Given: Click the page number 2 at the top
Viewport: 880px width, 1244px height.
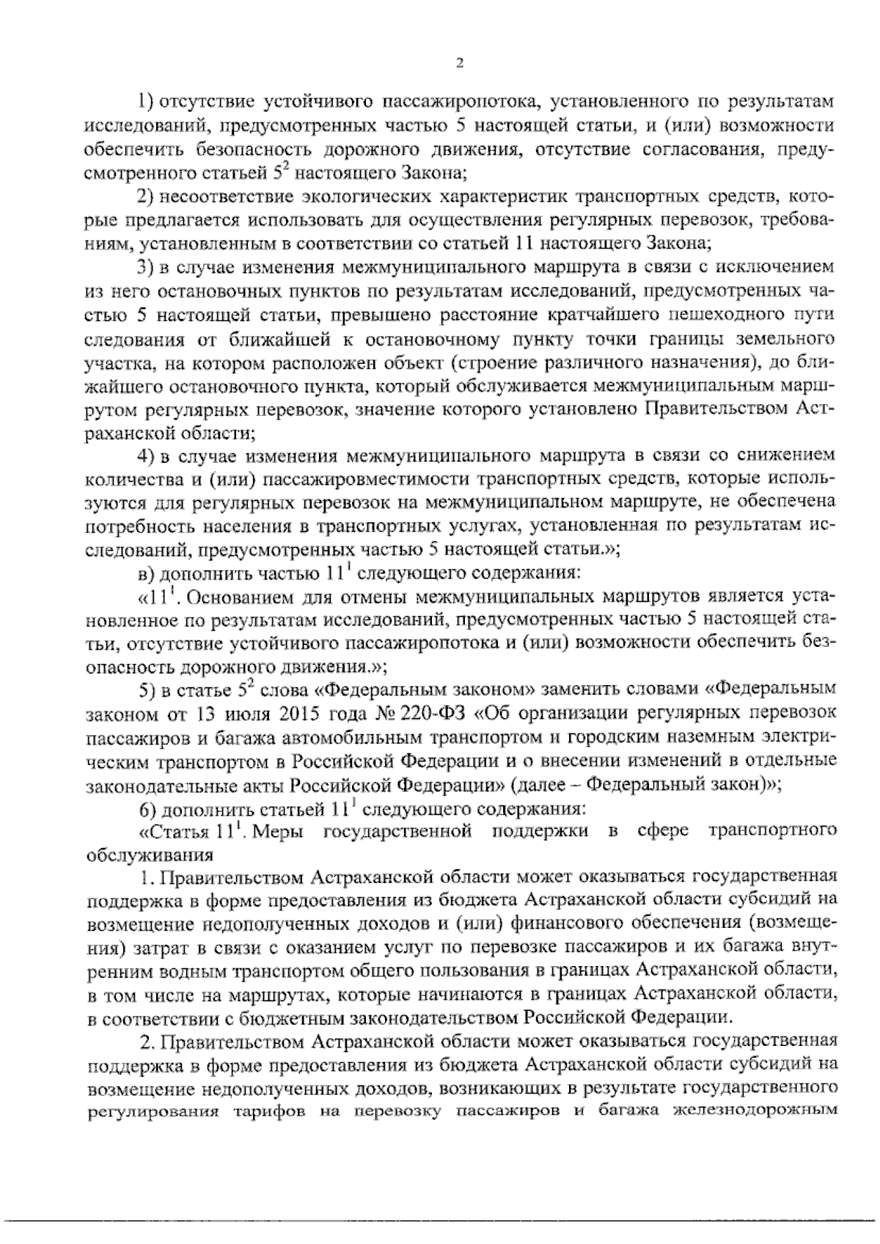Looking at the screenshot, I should click(x=460, y=64).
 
